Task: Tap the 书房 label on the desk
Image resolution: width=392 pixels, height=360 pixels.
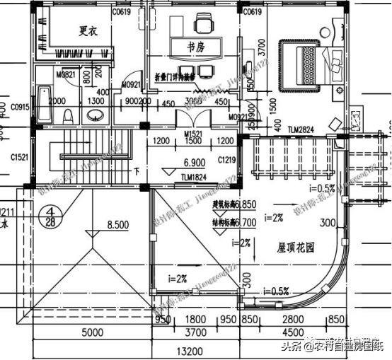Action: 196,47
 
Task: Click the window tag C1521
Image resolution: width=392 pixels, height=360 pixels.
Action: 19,158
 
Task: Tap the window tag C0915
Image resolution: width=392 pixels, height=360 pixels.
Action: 19,106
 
